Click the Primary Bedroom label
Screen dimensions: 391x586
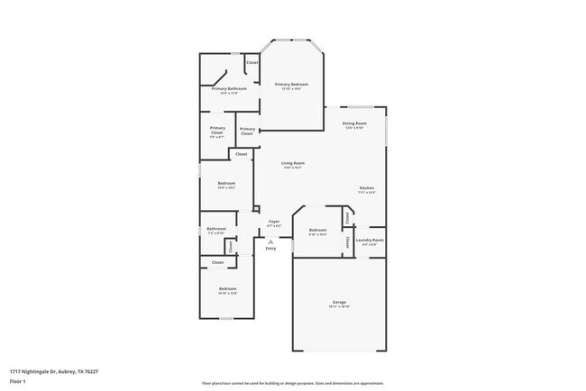pyautogui.click(x=292, y=84)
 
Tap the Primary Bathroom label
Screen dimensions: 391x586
pyautogui.click(x=229, y=88)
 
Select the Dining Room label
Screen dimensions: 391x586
pyautogui.click(x=354, y=123)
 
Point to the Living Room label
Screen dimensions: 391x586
pyautogui.click(x=292, y=163)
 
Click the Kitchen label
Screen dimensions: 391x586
pyautogui.click(x=366, y=187)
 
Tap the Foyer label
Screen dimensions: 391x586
pyautogui.click(x=274, y=221)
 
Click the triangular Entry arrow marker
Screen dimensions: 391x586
pyautogui.click(x=270, y=241)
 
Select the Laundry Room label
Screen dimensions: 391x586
pyautogui.click(x=371, y=240)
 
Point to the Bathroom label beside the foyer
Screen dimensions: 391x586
pyautogui.click(x=215, y=229)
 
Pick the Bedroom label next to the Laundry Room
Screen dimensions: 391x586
pyautogui.click(x=317, y=230)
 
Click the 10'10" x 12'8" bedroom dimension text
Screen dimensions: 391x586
pyautogui.click(x=227, y=293)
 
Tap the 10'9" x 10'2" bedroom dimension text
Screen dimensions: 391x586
pyautogui.click(x=226, y=187)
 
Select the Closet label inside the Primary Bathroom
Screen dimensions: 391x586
pyautogui.click(x=252, y=62)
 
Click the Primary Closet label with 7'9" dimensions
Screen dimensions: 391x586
pyautogui.click(x=217, y=131)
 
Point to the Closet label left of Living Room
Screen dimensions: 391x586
pyautogui.click(x=241, y=154)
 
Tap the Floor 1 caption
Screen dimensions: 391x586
pyautogui.click(x=19, y=381)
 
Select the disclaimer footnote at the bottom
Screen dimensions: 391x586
pyautogui.click(x=292, y=384)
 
